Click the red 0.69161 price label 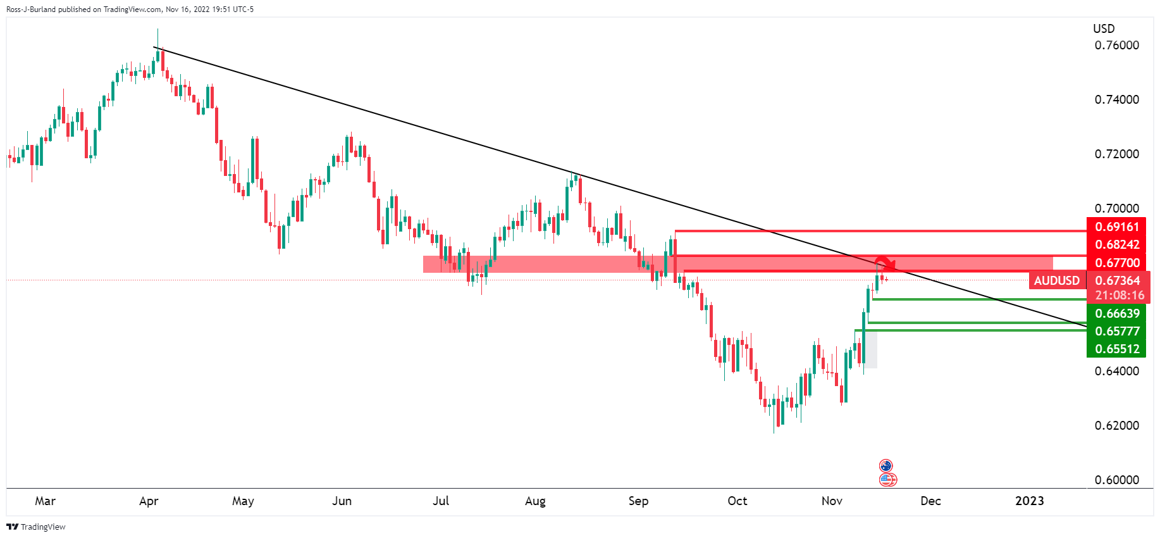(1116, 227)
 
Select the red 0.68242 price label (1116, 244)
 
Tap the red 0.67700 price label (1116, 263)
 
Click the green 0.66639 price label (1116, 313)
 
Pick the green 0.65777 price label (1116, 331)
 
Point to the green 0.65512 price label (1116, 349)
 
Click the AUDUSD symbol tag (1056, 280)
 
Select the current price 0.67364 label (1117, 280)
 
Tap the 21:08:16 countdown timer (1120, 296)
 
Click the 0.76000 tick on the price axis (1116, 46)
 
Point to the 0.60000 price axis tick (1116, 480)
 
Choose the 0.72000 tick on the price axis (1116, 154)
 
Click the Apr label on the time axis (149, 501)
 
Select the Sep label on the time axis (638, 501)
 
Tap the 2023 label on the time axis (1029, 501)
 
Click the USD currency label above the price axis (1104, 29)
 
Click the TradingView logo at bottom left (36, 527)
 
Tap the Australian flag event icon (885, 466)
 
